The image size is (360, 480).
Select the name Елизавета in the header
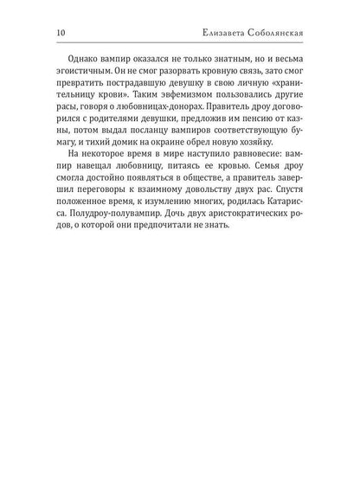[x=226, y=35]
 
